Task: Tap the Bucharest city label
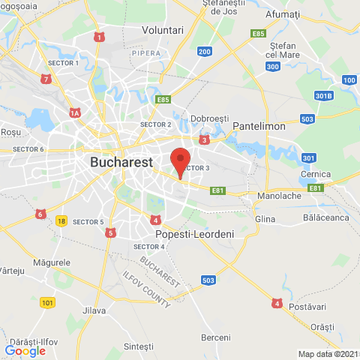[x=121, y=161]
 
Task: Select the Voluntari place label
[x=163, y=30]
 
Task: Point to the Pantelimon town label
[x=259, y=127]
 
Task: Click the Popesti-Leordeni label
[x=194, y=234]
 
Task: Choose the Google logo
[x=25, y=350]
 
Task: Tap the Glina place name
[x=265, y=218]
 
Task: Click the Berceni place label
[x=216, y=337]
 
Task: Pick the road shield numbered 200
[x=204, y=51]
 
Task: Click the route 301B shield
[x=322, y=95]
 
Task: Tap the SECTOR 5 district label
[x=88, y=222]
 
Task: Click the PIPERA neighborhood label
[x=145, y=53]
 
